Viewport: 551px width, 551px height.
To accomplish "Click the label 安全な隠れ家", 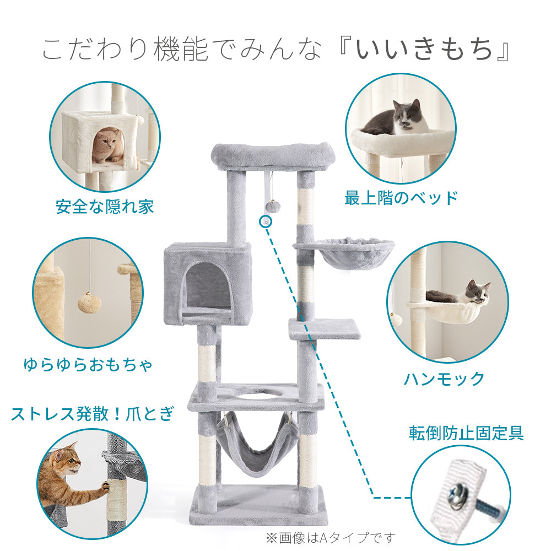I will pos(105,207).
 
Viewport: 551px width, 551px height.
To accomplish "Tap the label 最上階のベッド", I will pos(401,197).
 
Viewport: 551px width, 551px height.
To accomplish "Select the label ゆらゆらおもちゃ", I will pos(88,364).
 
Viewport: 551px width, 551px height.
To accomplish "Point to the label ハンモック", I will pos(444,379).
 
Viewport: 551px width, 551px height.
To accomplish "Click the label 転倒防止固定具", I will pos(466,433).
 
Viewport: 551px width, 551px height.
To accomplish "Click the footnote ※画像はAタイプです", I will pos(331,537).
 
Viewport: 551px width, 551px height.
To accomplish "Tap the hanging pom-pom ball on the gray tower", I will pos(272,206).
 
